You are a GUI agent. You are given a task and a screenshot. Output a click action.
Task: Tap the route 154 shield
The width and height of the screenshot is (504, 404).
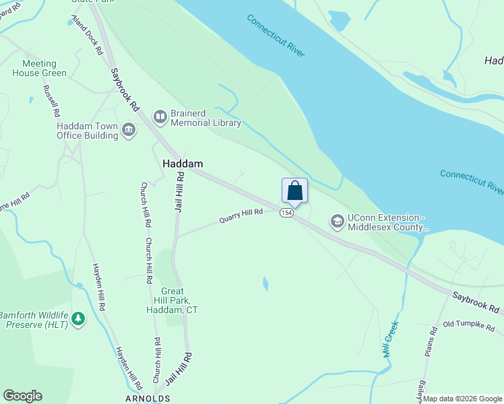(287, 213)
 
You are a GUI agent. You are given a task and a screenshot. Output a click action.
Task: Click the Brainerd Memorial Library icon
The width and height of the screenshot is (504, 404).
(160, 118)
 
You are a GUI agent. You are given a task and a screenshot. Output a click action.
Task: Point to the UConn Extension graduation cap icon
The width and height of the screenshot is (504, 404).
(336, 222)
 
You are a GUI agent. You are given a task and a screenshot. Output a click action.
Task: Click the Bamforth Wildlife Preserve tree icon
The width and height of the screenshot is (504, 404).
(79, 318)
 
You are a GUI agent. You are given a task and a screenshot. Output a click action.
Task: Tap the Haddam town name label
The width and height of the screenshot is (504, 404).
(183, 164)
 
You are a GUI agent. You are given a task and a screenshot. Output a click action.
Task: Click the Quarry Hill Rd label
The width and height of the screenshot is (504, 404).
(241, 217)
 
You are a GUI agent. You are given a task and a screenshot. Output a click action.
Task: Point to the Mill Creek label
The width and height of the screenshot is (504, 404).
(391, 339)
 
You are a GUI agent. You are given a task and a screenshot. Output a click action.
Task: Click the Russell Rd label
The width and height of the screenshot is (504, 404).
(52, 101)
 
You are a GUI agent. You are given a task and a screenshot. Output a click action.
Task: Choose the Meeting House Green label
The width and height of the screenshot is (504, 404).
(40, 68)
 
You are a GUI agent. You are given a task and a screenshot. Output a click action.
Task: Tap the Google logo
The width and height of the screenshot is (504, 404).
(22, 396)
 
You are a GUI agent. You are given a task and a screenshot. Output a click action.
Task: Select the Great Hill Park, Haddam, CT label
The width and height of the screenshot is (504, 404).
(172, 301)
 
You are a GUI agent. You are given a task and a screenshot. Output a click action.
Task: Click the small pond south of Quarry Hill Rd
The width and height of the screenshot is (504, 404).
(265, 283)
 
